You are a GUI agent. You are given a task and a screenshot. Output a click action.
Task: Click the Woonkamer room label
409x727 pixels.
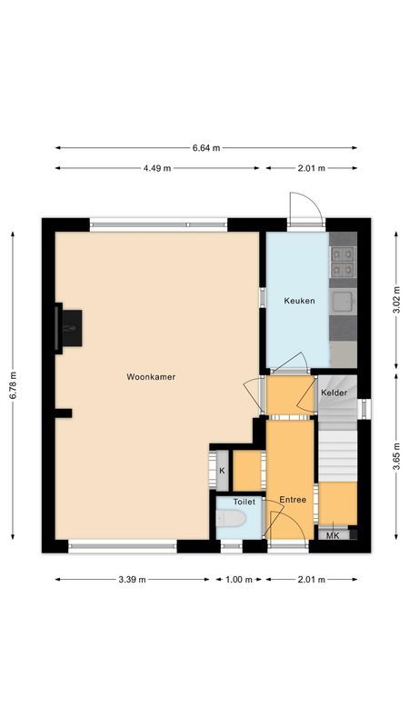(151, 376)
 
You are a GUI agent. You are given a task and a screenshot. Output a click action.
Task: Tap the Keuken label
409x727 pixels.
(299, 301)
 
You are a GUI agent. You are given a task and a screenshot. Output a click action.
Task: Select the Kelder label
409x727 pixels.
(334, 392)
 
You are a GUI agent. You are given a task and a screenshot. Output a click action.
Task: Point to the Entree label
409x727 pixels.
(292, 499)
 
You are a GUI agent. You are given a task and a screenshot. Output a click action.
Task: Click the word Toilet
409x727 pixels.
(244, 501)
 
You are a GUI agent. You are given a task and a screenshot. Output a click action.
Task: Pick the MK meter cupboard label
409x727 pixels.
(333, 535)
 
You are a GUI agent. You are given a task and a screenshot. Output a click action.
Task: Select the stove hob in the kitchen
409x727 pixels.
(343, 262)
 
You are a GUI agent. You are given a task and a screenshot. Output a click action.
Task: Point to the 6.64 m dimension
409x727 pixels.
(205, 147)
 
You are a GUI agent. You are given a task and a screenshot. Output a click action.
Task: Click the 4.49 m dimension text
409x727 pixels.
(156, 168)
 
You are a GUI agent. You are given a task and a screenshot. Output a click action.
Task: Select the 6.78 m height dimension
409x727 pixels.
(13, 385)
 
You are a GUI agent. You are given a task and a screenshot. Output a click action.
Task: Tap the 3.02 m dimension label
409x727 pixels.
(395, 300)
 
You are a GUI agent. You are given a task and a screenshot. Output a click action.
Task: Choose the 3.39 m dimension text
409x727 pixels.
(133, 579)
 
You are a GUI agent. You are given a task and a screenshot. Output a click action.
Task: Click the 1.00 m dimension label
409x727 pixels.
(240, 579)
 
